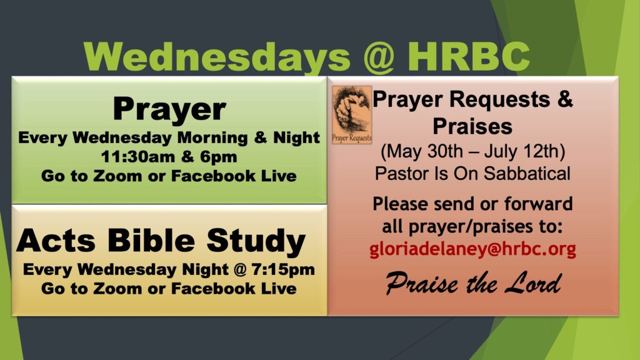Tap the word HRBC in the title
click(x=469, y=56)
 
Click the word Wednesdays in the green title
click(x=217, y=56)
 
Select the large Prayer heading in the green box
click(x=169, y=109)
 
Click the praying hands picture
click(x=352, y=115)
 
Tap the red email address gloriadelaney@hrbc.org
click(x=472, y=249)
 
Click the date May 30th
click(x=423, y=151)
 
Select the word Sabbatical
click(x=527, y=174)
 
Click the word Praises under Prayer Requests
click(x=472, y=126)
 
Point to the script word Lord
click(x=533, y=283)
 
